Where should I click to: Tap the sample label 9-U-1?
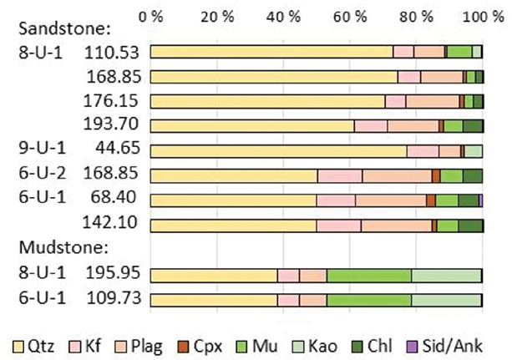38,150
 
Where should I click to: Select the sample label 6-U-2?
38,175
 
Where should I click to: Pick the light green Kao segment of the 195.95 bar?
447,276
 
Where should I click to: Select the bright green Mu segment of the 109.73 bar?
368,300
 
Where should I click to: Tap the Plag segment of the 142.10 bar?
396,226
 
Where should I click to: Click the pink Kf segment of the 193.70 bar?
371,126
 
